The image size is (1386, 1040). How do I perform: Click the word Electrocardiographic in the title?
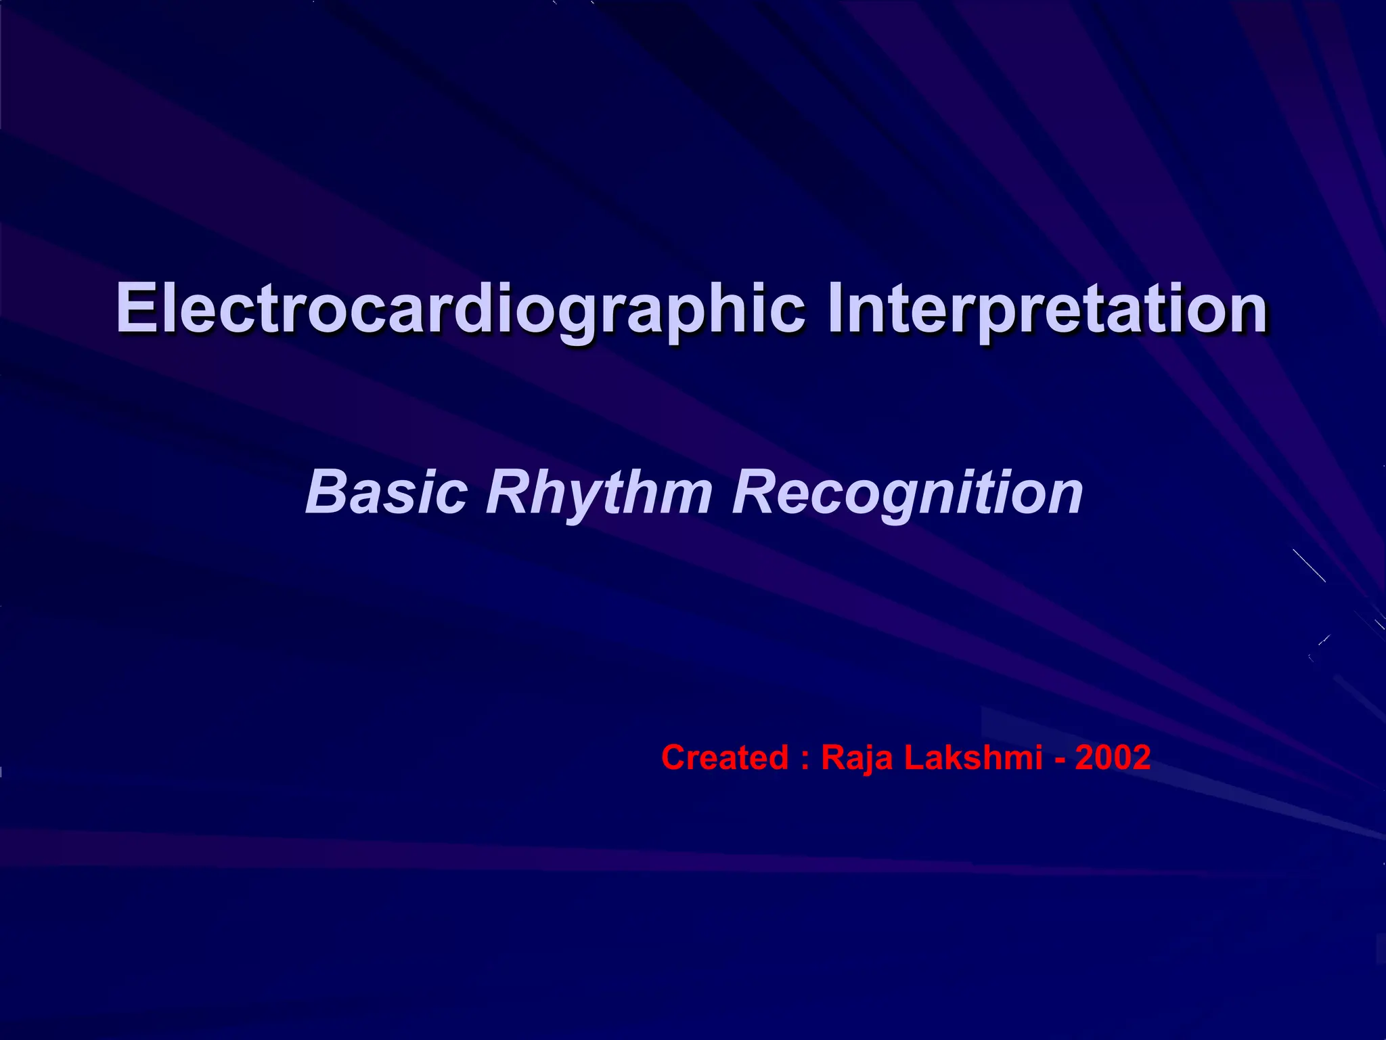pyautogui.click(x=460, y=309)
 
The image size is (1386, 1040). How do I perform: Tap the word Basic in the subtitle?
pyautogui.click(x=386, y=492)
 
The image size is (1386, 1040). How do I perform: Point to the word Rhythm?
pyautogui.click(x=599, y=492)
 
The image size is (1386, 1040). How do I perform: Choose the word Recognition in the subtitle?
pyautogui.click(x=908, y=492)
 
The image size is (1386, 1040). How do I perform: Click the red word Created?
pyautogui.click(x=725, y=757)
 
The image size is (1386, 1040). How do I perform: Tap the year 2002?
pyautogui.click(x=1113, y=757)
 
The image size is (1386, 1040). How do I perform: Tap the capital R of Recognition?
pyautogui.click(x=754, y=492)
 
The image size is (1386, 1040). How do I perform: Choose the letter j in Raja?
pyautogui.click(x=868, y=760)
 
